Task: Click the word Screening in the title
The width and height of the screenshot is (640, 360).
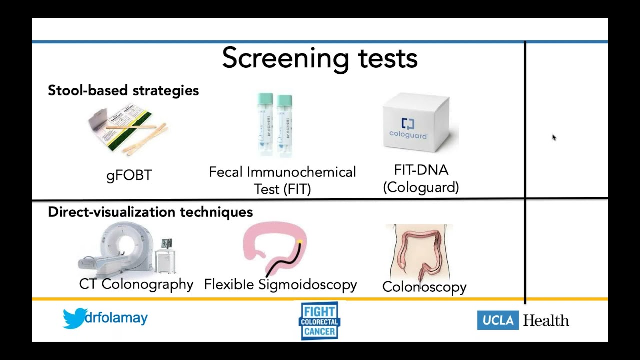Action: click(x=285, y=59)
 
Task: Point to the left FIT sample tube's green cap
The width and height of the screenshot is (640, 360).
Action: click(x=265, y=99)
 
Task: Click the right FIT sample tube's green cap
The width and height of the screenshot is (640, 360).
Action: click(x=284, y=100)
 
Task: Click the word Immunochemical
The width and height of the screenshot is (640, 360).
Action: click(x=301, y=172)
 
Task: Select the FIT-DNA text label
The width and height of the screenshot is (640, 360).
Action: click(x=421, y=170)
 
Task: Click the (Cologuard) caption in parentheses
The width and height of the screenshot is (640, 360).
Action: click(x=421, y=187)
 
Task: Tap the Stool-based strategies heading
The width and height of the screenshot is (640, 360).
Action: click(x=123, y=91)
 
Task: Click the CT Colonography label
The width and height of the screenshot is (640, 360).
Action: click(x=136, y=285)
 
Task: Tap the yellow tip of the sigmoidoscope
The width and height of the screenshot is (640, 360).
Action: click(x=299, y=242)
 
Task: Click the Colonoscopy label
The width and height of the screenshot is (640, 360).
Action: click(x=424, y=287)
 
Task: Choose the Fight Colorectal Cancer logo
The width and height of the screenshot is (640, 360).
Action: click(x=319, y=321)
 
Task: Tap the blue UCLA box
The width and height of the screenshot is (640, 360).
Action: click(x=498, y=320)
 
